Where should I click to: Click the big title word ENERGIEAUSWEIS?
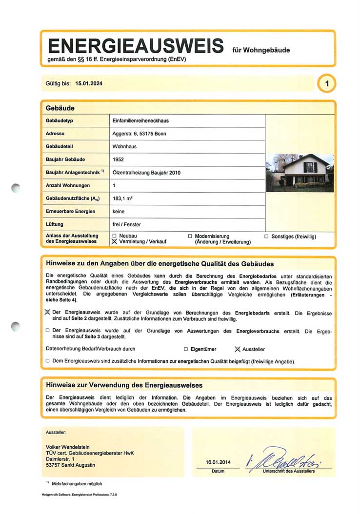(x=136, y=47)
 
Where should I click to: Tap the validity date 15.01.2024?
(x=89, y=83)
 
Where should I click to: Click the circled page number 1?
(x=326, y=84)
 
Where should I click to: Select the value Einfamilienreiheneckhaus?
(x=140, y=120)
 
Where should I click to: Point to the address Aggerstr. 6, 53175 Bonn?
(x=140, y=134)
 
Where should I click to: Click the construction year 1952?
(x=118, y=159)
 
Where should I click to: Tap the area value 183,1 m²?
(x=123, y=199)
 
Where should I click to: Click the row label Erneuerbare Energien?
(x=71, y=212)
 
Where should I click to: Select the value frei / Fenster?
(x=126, y=225)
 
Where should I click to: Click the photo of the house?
(x=300, y=171)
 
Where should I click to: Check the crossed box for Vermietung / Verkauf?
(x=115, y=241)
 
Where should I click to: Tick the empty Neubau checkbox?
(x=115, y=236)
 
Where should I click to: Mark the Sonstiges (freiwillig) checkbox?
(x=267, y=237)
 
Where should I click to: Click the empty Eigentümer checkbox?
(x=186, y=349)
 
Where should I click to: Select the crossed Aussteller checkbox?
(x=238, y=349)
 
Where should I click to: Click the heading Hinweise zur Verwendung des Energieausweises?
(x=124, y=385)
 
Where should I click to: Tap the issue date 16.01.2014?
(x=218, y=462)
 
